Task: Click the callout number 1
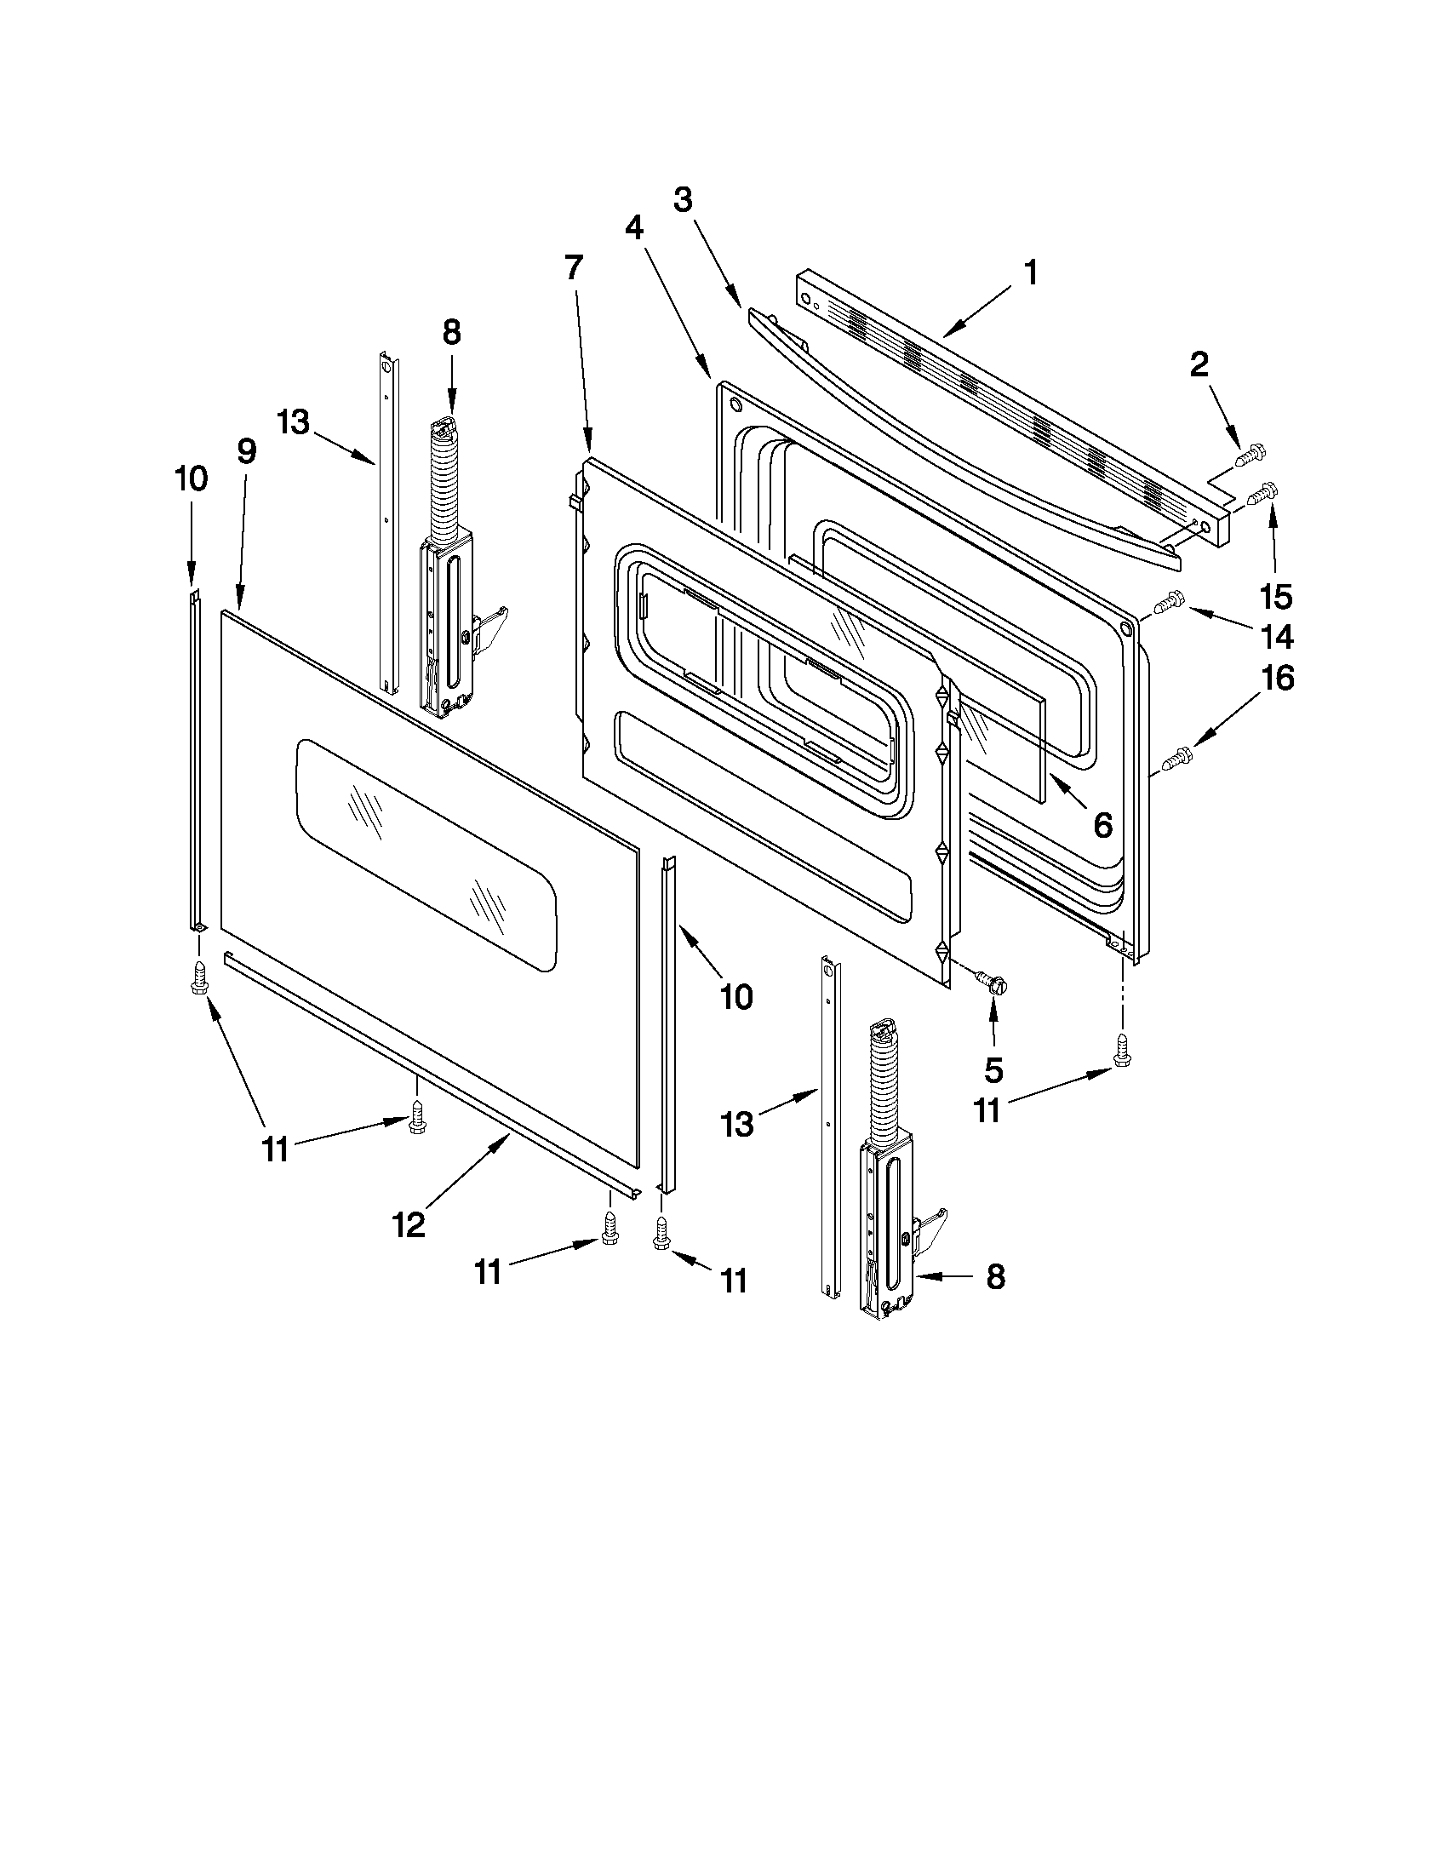[1031, 273]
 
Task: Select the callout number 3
[682, 200]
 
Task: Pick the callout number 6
[1102, 824]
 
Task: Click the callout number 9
[246, 451]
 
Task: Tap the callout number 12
[409, 1225]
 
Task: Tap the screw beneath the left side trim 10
[198, 977]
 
